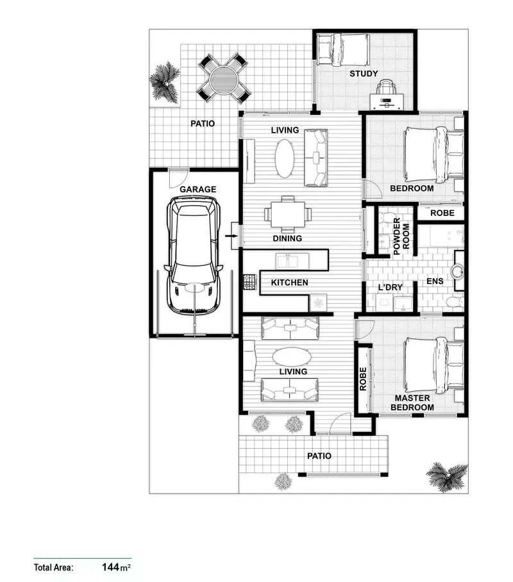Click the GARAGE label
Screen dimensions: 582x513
(198, 190)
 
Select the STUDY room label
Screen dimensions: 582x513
(363, 74)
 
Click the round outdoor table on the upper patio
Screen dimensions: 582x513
(222, 78)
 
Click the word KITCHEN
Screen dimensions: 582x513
(289, 283)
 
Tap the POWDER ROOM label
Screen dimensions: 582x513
(401, 237)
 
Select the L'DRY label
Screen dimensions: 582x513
(389, 287)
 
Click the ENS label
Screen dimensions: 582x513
(435, 283)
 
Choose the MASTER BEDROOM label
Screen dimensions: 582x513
(412, 403)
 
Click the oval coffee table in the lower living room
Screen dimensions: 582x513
(290, 356)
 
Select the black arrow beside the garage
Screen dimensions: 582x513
(232, 238)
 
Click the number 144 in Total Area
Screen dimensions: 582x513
(112, 567)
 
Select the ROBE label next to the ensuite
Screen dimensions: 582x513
(442, 213)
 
